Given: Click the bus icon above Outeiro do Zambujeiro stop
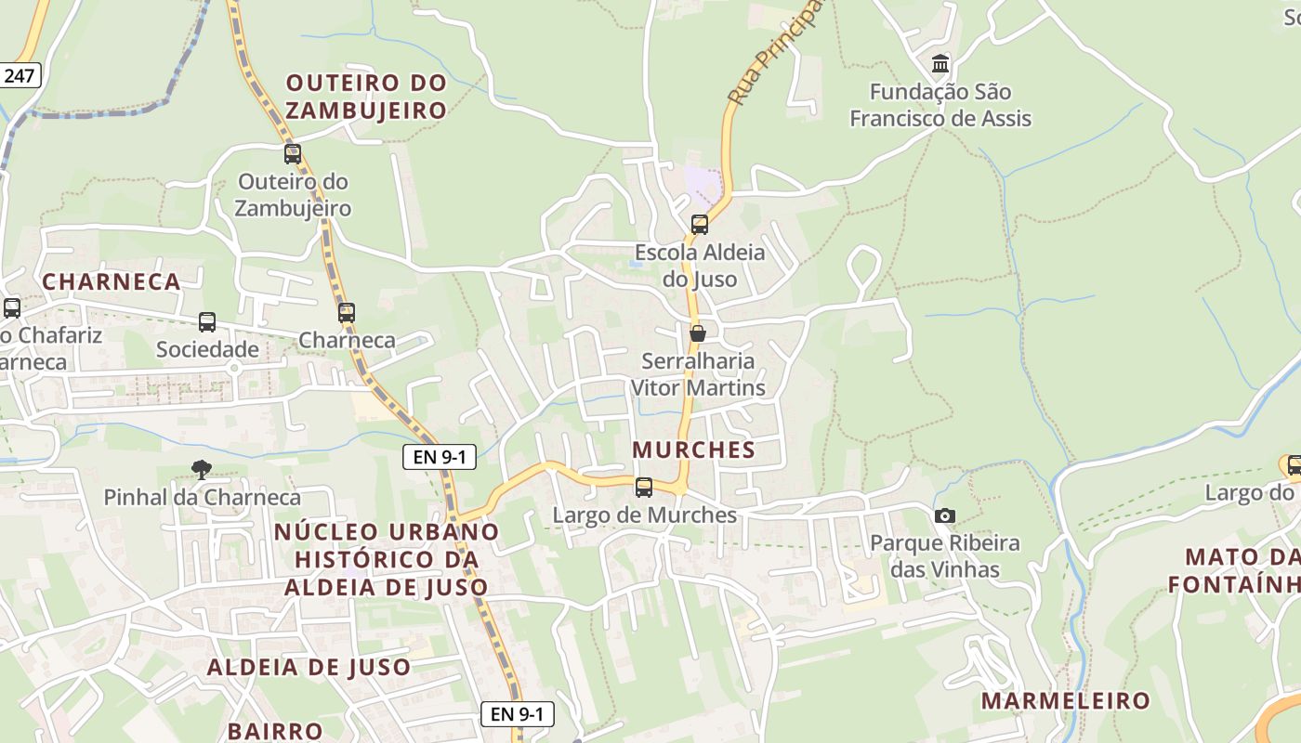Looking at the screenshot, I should [293, 154].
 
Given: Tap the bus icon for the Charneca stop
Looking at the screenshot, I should [347, 313].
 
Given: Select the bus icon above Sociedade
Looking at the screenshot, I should [207, 322].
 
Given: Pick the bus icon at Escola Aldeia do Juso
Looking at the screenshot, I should [700, 225].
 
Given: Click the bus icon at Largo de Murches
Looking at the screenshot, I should [643, 488].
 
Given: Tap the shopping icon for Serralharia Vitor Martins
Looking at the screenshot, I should [697, 333].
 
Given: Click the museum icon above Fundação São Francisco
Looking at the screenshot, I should [940, 64].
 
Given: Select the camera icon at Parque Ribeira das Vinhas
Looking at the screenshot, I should [945, 515].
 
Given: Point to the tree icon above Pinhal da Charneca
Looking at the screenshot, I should [200, 470].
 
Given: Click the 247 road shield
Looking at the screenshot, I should [19, 75].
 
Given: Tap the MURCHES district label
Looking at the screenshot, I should [693, 450].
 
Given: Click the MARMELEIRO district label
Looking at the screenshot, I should [1066, 700].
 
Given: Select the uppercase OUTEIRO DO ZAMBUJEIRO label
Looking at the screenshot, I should [366, 97].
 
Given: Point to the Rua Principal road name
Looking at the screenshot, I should [776, 52].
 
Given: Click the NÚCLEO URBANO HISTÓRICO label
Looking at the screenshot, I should [387, 559].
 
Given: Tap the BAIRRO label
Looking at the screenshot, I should [275, 731].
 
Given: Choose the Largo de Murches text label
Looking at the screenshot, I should [644, 515].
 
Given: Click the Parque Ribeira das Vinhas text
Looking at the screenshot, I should [945, 555].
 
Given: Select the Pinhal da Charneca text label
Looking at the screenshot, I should [202, 497].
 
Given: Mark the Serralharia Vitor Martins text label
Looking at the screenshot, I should [698, 373].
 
